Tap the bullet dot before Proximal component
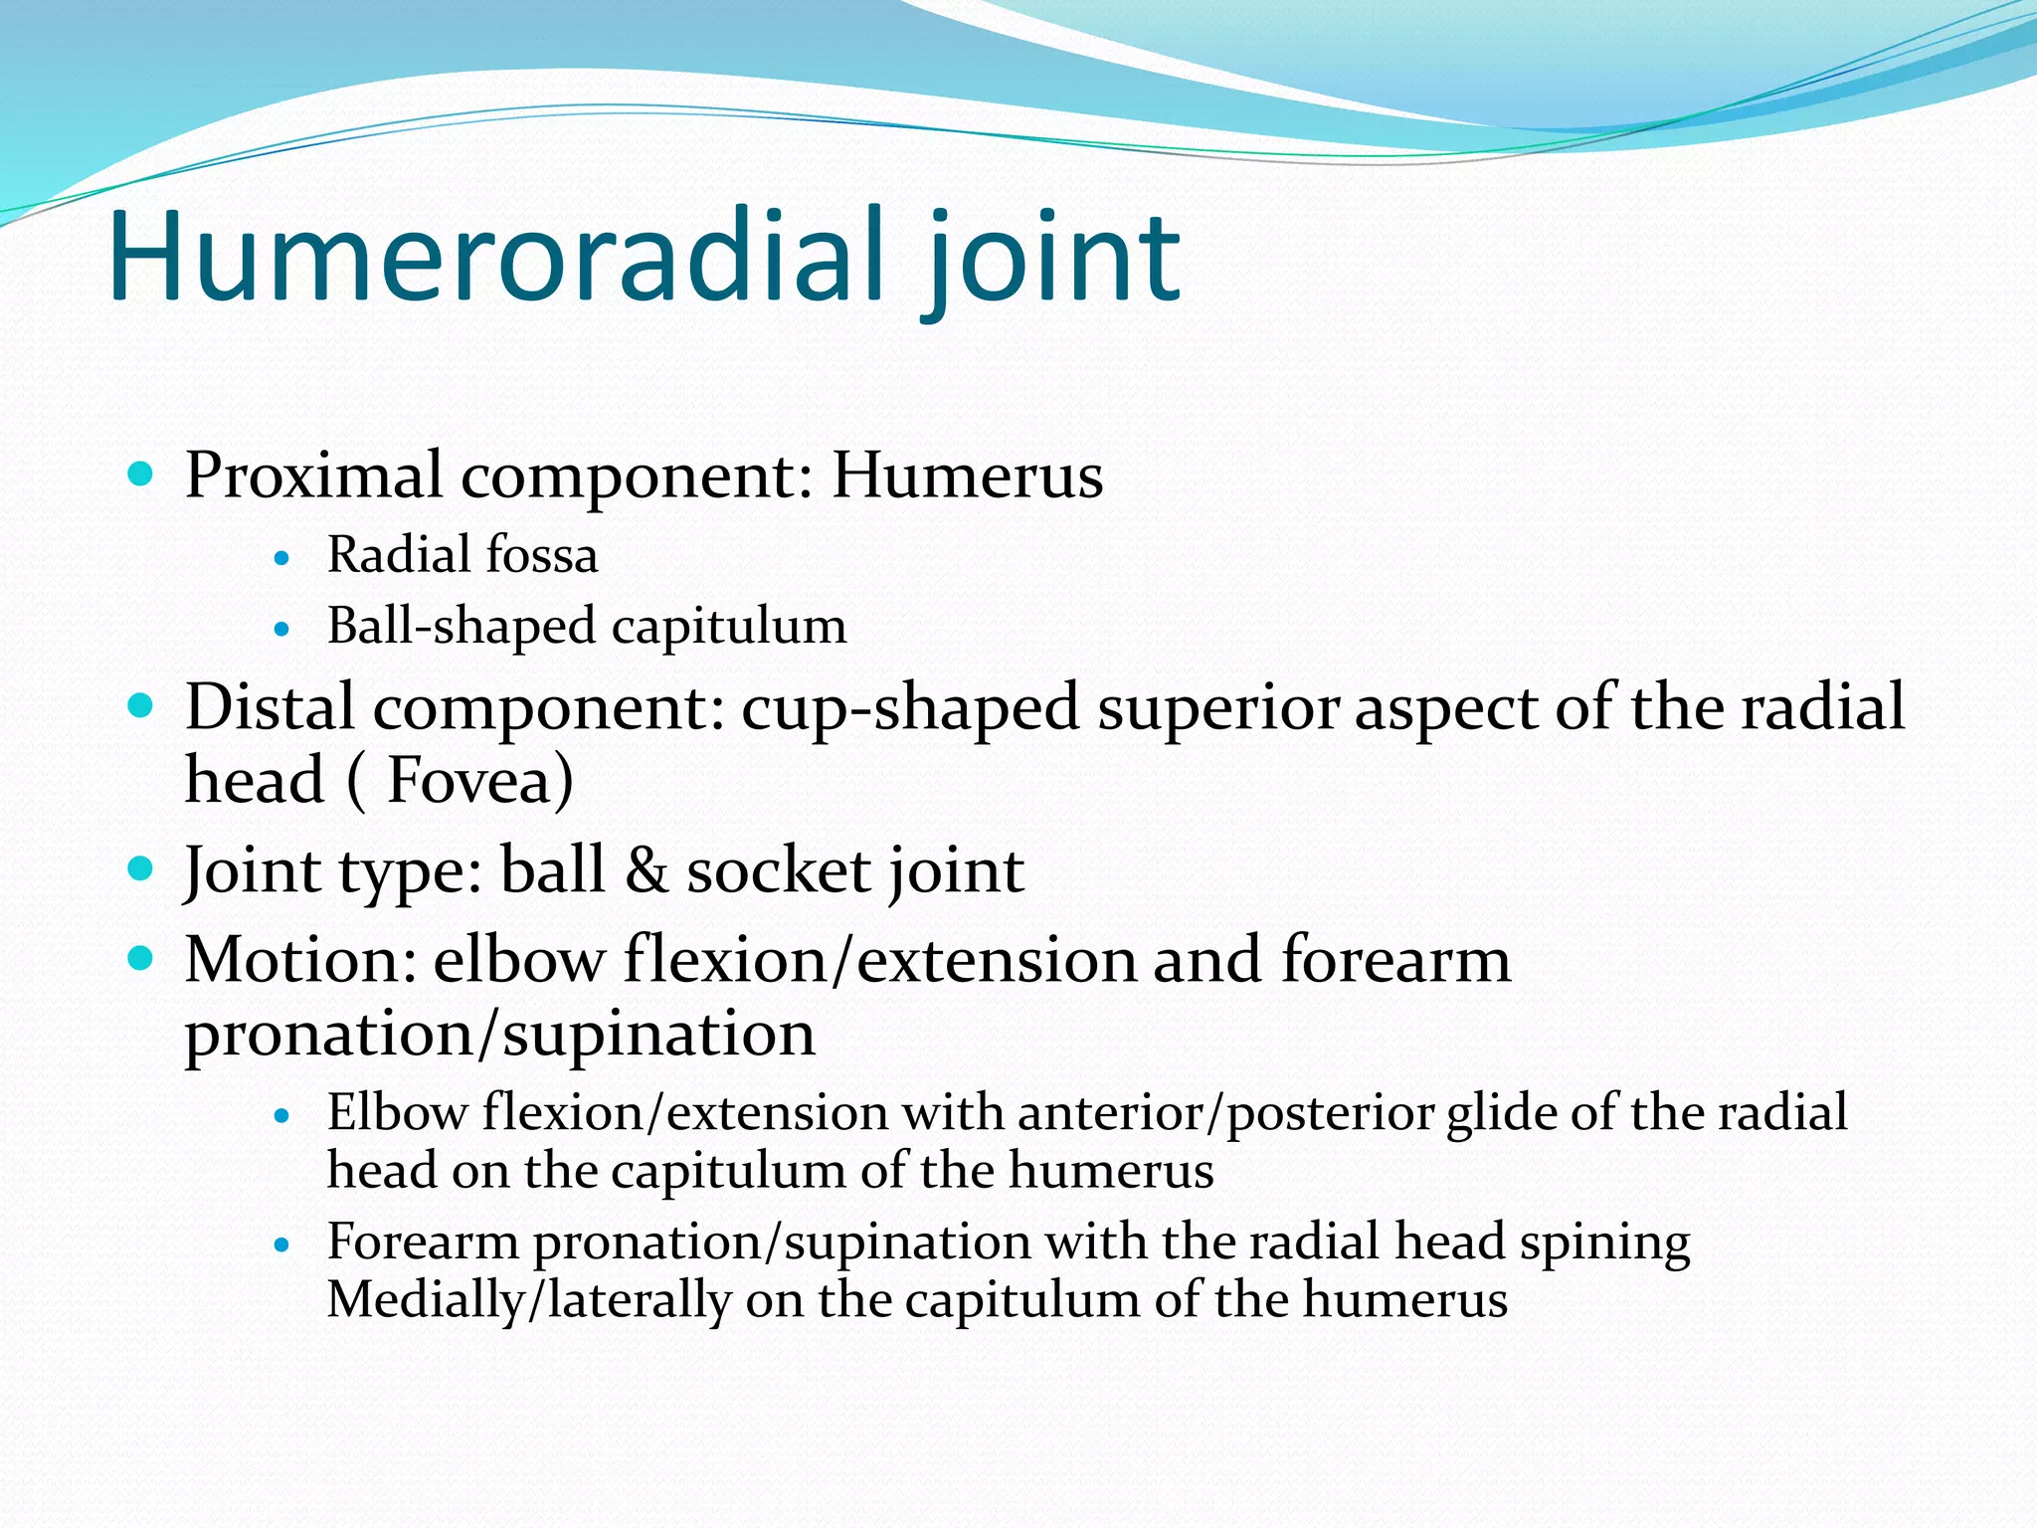pyautogui.click(x=141, y=473)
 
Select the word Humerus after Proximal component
pyautogui.click(x=967, y=476)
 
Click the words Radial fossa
pyautogui.click(x=463, y=555)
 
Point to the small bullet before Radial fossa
pyautogui.click(x=282, y=559)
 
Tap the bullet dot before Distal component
pyautogui.click(x=141, y=706)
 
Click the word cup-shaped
pyautogui.click(x=910, y=709)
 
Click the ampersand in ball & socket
pyautogui.click(x=647, y=871)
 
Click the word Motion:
pyautogui.click(x=299, y=961)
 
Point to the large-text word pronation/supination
pyautogui.click(x=499, y=1035)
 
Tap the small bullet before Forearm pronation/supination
pyautogui.click(x=282, y=1244)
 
